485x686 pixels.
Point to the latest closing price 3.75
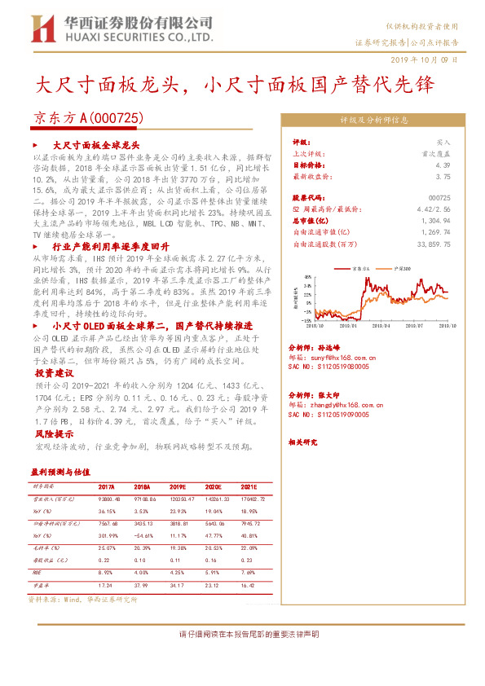click(443, 176)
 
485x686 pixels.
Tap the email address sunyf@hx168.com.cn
click(335, 356)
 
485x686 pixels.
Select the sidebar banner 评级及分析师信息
click(374, 120)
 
